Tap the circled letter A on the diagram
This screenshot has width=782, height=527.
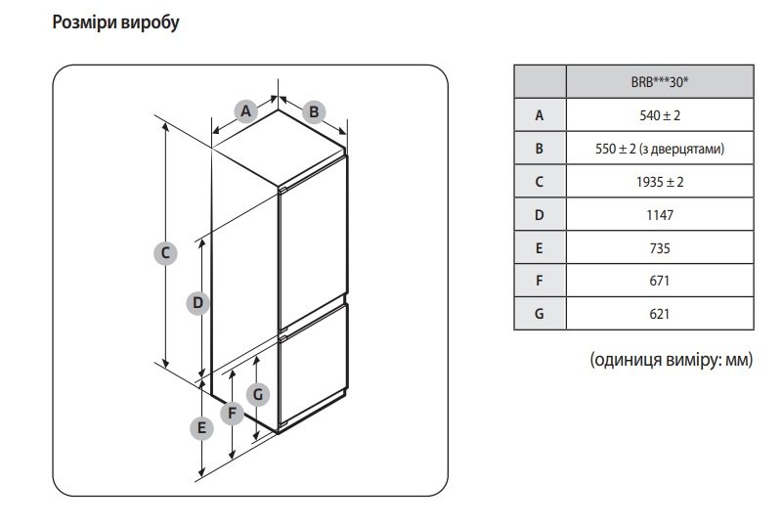(x=246, y=110)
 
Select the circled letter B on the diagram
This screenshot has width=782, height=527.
(x=314, y=111)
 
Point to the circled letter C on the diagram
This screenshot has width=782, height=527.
(x=166, y=252)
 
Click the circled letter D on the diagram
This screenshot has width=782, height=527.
(x=197, y=303)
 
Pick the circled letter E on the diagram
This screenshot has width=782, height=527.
(x=201, y=427)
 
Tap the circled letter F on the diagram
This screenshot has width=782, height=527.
(x=232, y=413)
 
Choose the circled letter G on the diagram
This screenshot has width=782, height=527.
(x=258, y=394)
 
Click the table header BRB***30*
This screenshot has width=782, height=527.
(x=659, y=81)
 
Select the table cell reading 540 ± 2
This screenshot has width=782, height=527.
(x=659, y=115)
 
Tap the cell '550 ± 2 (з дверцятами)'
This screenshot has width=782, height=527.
(x=659, y=149)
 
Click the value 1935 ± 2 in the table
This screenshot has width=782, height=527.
(x=659, y=182)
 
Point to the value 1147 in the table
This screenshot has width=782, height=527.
(x=659, y=215)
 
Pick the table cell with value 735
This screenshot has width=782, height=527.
(x=659, y=248)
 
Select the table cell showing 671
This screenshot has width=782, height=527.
(x=659, y=281)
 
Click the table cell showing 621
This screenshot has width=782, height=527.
(x=659, y=314)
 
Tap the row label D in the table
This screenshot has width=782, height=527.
(x=539, y=215)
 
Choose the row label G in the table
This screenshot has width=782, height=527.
(x=539, y=314)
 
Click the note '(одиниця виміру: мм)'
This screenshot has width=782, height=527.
(x=672, y=360)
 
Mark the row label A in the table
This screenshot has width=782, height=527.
(x=539, y=115)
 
